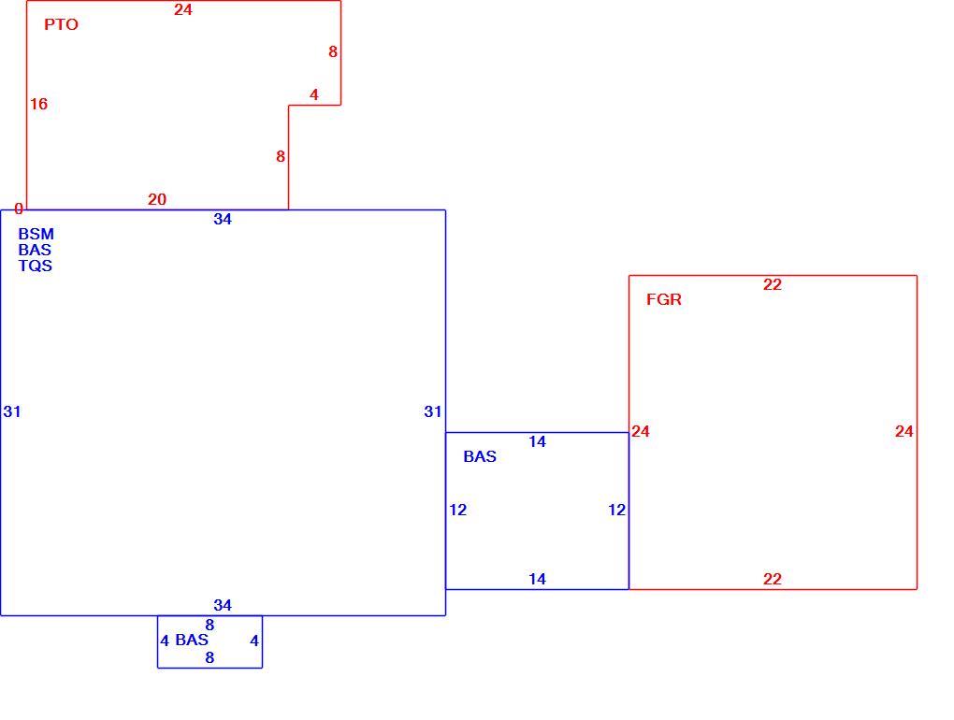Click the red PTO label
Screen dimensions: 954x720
[62, 24]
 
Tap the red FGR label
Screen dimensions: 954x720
[664, 299]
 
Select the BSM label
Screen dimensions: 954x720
[36, 234]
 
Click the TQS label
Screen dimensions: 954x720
[36, 266]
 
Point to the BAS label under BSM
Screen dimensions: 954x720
[35, 250]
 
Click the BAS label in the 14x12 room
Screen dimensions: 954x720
[480, 456]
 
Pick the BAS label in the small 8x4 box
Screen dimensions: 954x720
[192, 640]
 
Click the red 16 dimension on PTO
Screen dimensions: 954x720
[39, 104]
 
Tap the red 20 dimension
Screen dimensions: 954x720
[157, 199]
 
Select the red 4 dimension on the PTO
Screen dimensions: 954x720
[314, 94]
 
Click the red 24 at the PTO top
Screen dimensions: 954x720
[183, 9]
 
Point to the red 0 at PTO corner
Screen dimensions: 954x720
[19, 209]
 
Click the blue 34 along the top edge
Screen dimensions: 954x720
[223, 219]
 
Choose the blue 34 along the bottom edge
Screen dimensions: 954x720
[223, 605]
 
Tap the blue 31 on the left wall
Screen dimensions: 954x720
[12, 411]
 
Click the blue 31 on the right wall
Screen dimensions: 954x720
[433, 411]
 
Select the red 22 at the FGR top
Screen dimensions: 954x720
[772, 284]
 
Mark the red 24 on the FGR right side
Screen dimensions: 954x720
[904, 431]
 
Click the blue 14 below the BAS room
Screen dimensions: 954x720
[537, 579]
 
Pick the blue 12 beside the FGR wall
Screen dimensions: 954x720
[617, 510]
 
